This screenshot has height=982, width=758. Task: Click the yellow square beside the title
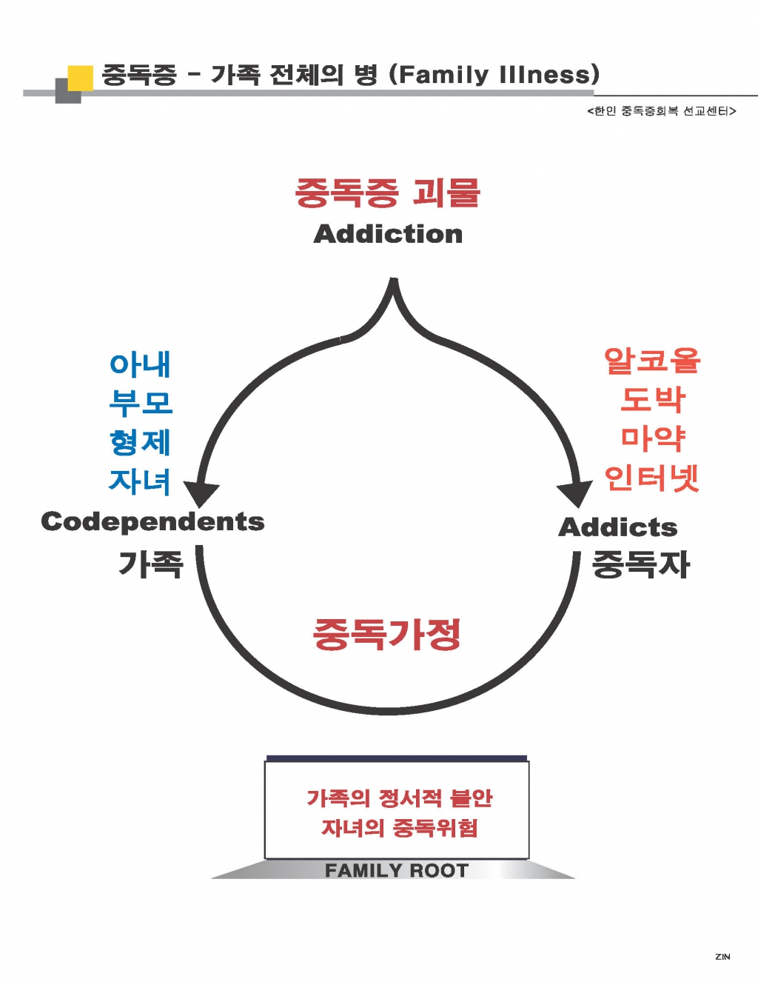click(81, 79)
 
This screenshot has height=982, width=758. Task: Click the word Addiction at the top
click(388, 234)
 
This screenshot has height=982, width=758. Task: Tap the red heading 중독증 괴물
click(388, 193)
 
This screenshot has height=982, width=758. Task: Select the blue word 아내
click(140, 364)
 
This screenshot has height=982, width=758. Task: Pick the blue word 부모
click(141, 403)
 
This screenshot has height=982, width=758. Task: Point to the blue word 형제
click(140, 442)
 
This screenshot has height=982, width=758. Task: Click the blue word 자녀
click(140, 481)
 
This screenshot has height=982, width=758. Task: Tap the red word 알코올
click(652, 361)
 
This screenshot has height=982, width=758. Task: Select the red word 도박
click(652, 399)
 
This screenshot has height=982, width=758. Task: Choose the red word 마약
click(652, 438)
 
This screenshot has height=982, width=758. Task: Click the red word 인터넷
click(652, 478)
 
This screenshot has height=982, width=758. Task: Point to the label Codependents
click(152, 522)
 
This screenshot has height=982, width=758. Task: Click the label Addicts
click(618, 527)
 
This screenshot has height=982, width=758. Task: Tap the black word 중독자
click(641, 564)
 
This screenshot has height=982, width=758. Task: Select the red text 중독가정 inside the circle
click(386, 634)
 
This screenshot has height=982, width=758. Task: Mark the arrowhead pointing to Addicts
click(574, 494)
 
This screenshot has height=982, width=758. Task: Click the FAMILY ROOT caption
click(397, 870)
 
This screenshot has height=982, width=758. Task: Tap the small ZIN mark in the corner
click(722, 957)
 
